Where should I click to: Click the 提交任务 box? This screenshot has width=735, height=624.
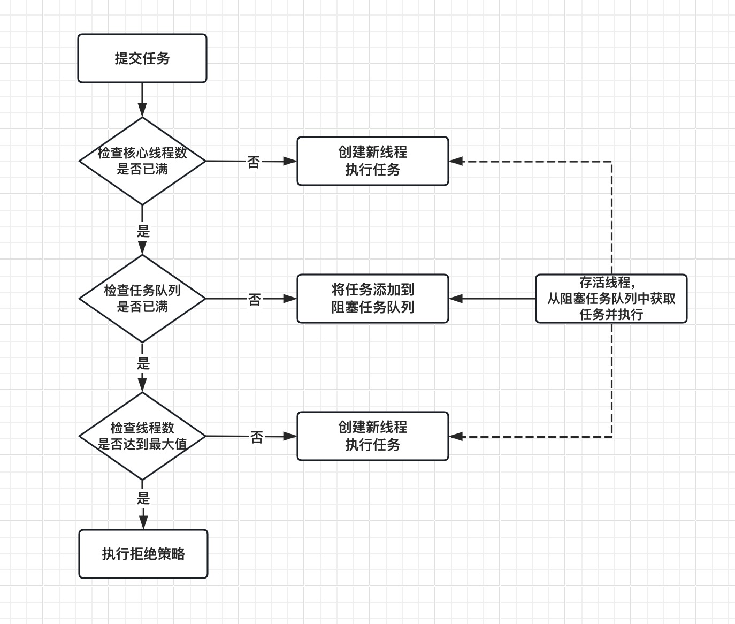pyautogui.click(x=142, y=58)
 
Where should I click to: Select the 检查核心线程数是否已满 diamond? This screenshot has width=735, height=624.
pyautogui.click(x=142, y=161)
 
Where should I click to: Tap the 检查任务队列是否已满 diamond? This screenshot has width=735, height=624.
pyautogui.click(x=142, y=299)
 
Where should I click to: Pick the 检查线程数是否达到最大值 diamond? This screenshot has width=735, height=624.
pyautogui.click(x=142, y=436)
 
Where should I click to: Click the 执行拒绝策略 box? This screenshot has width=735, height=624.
pyautogui.click(x=143, y=553)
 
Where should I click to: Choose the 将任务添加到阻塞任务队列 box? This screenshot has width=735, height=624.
pyautogui.click(x=373, y=299)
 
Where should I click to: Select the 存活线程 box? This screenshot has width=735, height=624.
pyautogui.click(x=611, y=299)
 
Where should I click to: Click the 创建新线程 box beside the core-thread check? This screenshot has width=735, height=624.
pyautogui.click(x=373, y=161)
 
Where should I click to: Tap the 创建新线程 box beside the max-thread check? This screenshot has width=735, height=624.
pyautogui.click(x=373, y=436)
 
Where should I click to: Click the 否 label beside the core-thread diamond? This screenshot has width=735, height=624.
pyautogui.click(x=253, y=162)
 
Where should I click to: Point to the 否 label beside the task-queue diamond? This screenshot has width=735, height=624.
pyautogui.click(x=254, y=300)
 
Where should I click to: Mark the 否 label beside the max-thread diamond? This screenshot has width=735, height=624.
pyautogui.click(x=256, y=437)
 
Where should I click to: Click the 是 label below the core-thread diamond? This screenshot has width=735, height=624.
pyautogui.click(x=143, y=231)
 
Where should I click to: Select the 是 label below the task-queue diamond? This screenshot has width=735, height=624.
pyautogui.click(x=143, y=363)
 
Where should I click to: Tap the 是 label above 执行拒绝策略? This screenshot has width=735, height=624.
pyautogui.click(x=143, y=498)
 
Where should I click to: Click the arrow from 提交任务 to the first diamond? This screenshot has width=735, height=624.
pyautogui.click(x=142, y=100)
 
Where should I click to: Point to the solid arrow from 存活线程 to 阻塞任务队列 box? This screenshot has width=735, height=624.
pyautogui.click(x=492, y=299)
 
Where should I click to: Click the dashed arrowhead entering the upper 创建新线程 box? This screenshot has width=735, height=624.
pyautogui.click(x=456, y=161)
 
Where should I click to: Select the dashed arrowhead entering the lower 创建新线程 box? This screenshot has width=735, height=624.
pyautogui.click(x=456, y=436)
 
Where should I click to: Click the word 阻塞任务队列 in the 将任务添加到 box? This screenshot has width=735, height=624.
pyautogui.click(x=373, y=307)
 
